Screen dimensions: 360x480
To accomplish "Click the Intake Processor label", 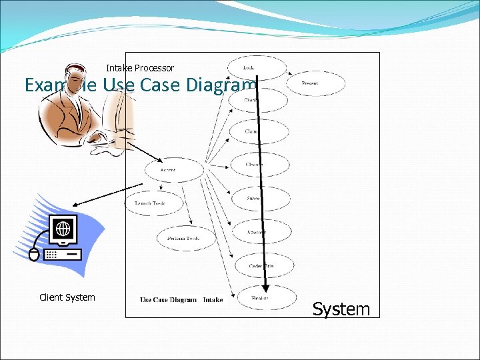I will [x=140, y=68].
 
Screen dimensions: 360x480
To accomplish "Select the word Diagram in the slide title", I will [x=223, y=86].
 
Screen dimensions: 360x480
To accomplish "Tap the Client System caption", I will [x=67, y=297].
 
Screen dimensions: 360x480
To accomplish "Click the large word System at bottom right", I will [x=341, y=309].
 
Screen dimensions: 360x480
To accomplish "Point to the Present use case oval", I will [x=315, y=83].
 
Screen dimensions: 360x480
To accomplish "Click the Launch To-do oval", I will [x=150, y=203].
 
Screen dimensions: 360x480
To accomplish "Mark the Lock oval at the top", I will [x=256, y=68].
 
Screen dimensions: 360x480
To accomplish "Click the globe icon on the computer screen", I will [x=63, y=229].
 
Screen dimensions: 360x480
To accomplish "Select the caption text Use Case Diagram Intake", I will [x=181, y=300].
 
